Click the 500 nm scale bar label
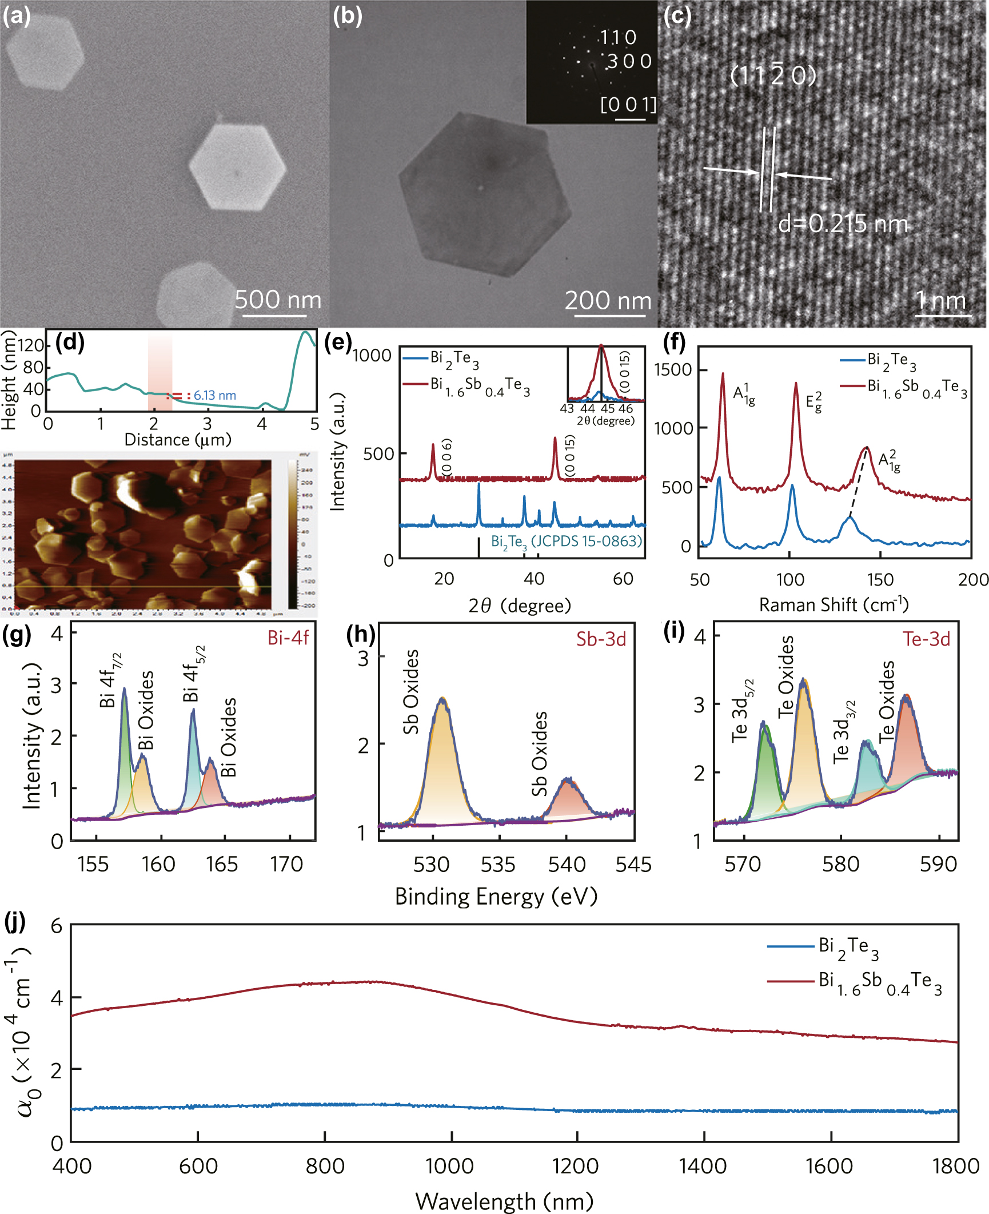tap(278, 300)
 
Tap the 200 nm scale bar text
tap(608, 301)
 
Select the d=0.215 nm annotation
tap(843, 224)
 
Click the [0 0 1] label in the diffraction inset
tap(628, 105)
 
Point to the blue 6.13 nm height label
tap(214, 395)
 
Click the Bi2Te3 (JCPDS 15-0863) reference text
tap(566, 541)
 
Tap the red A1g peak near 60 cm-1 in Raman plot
tap(723, 375)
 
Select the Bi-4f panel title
tap(288, 638)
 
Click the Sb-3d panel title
tap(601, 639)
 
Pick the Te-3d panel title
tap(926, 639)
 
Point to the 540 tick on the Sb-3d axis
tap(567, 864)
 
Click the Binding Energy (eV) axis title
tap(496, 896)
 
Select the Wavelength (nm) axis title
tap(504, 1201)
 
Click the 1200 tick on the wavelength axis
tap(576, 1165)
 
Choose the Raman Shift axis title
tap(834, 604)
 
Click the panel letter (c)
tap(677, 16)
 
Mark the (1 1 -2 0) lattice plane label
tap(773, 74)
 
